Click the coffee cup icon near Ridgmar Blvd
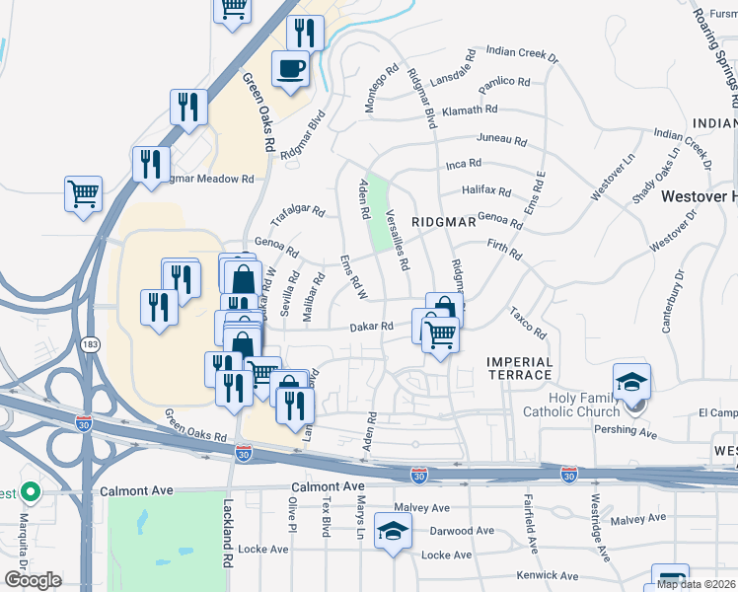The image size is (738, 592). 289,69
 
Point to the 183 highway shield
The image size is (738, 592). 91,343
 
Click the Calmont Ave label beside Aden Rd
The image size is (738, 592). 327,487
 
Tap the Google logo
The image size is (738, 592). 32,580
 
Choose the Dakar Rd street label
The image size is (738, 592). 372,327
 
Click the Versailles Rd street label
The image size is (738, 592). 399,240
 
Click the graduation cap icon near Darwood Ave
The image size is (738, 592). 394,534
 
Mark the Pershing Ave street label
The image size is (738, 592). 626,432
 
